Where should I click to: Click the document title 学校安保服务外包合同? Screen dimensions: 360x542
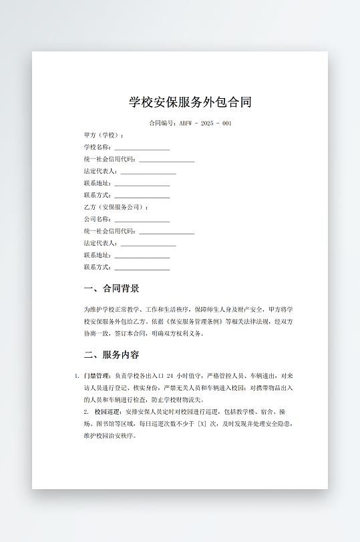click(190, 102)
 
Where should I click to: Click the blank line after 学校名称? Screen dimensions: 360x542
click(142, 148)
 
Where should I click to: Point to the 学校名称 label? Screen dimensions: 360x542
click(98, 147)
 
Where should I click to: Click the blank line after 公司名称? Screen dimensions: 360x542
click(142, 220)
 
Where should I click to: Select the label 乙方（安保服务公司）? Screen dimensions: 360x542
click(116, 207)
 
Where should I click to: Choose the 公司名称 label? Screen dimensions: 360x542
click(98, 219)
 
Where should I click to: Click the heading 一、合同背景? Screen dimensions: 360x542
click(112, 288)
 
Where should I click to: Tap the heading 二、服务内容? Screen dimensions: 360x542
click(112, 354)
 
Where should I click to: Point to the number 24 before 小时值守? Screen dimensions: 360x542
click(170, 376)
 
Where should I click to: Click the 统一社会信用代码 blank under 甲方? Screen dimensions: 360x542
click(166, 160)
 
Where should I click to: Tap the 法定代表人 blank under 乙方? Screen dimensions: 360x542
click(148, 244)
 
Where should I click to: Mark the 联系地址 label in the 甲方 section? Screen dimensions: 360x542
click(98, 183)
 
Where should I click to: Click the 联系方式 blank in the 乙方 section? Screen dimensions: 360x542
click(142, 268)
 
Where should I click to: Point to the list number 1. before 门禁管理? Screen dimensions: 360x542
click(77, 376)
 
